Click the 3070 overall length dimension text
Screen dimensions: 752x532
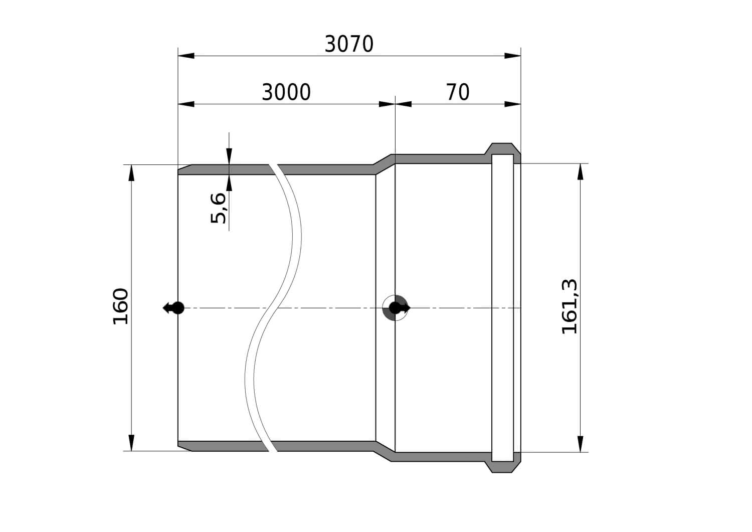[349, 44]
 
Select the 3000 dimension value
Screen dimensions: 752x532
[286, 92]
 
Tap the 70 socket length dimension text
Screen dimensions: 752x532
[458, 92]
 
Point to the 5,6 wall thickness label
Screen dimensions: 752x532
[218, 208]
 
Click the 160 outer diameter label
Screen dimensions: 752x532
[120, 306]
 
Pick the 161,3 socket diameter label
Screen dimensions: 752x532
[570, 307]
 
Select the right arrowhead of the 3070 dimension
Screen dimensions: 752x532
[513, 56]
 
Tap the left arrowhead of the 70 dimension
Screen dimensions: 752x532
[404, 104]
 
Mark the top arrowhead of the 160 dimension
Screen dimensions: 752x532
[131, 173]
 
